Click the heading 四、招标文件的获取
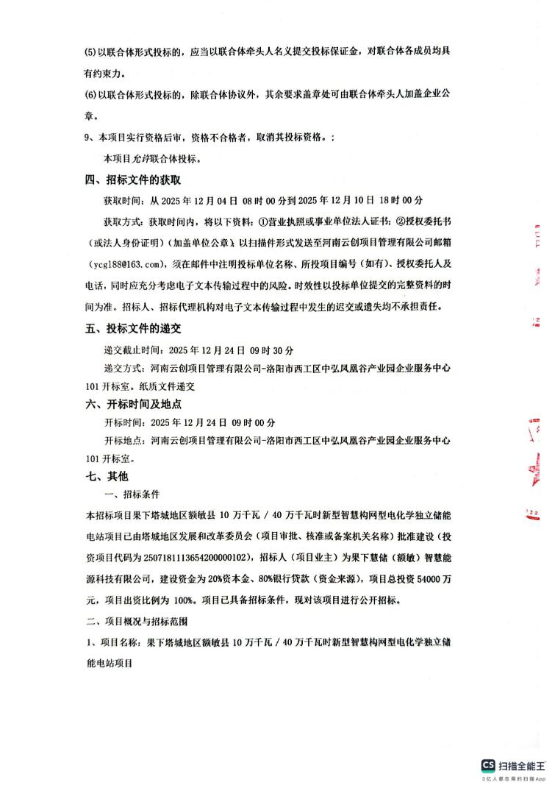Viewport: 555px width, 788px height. (x=133, y=180)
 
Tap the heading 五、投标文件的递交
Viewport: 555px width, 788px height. (x=133, y=330)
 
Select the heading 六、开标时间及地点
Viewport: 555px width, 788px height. (x=133, y=404)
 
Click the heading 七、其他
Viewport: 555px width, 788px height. (x=107, y=477)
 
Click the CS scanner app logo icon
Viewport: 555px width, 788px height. (x=489, y=766)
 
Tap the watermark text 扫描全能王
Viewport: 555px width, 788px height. (x=523, y=766)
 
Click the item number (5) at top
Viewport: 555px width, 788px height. (x=91, y=54)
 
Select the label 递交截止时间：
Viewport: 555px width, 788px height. (x=136, y=349)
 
